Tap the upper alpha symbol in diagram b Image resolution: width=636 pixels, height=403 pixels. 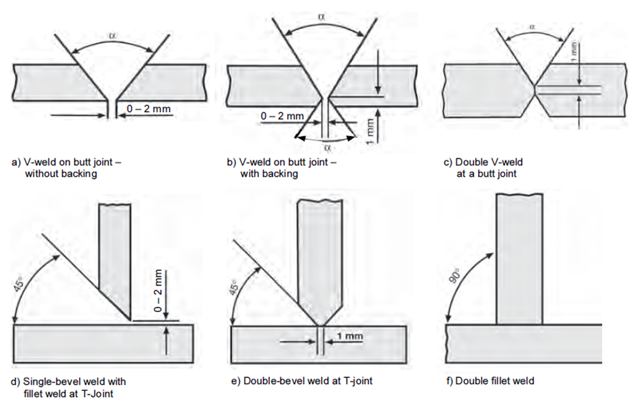point(321,16)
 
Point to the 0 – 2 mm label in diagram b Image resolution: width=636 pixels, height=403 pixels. point(282,116)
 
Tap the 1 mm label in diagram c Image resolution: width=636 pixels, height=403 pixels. point(573,59)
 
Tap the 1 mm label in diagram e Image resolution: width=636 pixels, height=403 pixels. point(350,336)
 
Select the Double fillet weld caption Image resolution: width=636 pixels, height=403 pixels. point(491,381)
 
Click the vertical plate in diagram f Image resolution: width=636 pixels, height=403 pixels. point(519,257)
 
